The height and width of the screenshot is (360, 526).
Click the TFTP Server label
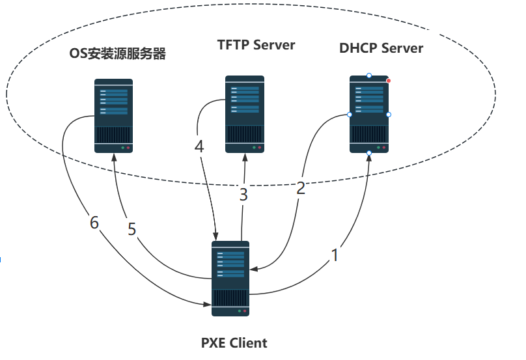[256, 45]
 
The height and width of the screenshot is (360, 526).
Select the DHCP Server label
[381, 48]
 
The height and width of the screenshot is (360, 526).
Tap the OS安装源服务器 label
[117, 53]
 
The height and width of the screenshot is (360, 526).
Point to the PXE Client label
[234, 343]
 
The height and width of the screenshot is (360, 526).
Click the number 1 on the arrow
[335, 255]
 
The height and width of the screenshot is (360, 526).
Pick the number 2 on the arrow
[301, 188]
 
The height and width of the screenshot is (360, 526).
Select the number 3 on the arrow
[243, 195]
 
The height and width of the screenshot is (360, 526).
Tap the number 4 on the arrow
[199, 146]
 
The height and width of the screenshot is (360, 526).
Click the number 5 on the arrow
[132, 229]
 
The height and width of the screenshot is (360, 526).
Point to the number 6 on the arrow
[94, 223]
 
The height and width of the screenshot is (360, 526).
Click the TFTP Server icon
[245, 114]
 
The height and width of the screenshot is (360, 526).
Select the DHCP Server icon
[369, 114]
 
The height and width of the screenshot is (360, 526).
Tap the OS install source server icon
[113, 116]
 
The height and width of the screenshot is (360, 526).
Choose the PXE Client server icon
[230, 279]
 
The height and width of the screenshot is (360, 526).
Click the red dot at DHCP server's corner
[389, 81]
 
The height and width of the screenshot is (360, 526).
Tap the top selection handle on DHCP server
[369, 76]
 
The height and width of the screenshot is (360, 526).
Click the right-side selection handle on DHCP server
[389, 115]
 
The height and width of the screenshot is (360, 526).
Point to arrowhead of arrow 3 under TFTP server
[245, 157]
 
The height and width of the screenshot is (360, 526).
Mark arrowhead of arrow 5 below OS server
[114, 158]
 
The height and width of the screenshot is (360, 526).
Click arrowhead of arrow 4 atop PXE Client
[215, 236]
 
